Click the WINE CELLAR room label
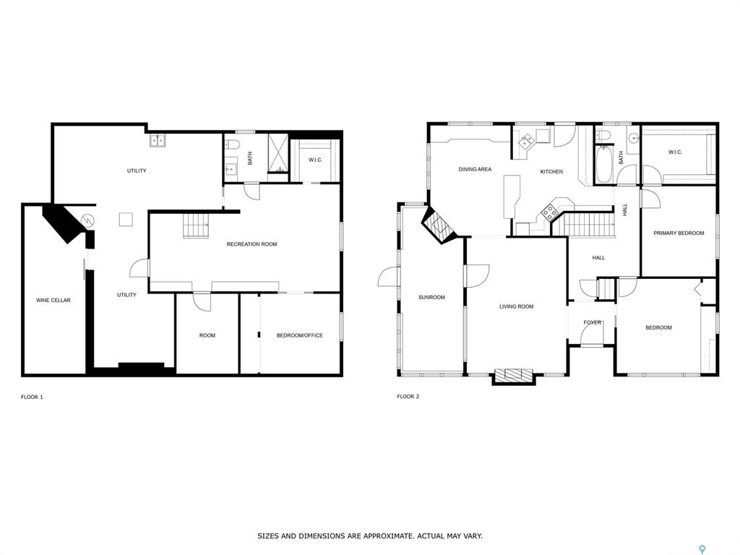pyautogui.click(x=53, y=300)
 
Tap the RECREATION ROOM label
pyautogui.click(x=251, y=244)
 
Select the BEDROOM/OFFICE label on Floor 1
pyautogui.click(x=300, y=335)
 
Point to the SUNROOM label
pyautogui.click(x=431, y=297)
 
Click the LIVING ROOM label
pyautogui.click(x=516, y=306)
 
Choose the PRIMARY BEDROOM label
pyautogui.click(x=679, y=233)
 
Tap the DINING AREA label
pyautogui.click(x=475, y=169)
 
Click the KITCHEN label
pyautogui.click(x=551, y=171)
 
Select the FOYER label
pyautogui.click(x=593, y=322)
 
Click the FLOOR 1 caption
pyautogui.click(x=32, y=397)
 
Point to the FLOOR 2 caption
pyautogui.click(x=408, y=397)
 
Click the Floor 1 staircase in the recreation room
pyautogui.click(x=195, y=225)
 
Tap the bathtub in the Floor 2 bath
pyautogui.click(x=603, y=164)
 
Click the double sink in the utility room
pyautogui.click(x=158, y=140)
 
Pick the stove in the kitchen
pyautogui.click(x=549, y=212)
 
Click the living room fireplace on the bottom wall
pyautogui.click(x=513, y=376)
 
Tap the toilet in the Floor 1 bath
pyautogui.click(x=233, y=144)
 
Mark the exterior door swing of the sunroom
pyautogui.click(x=389, y=277)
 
